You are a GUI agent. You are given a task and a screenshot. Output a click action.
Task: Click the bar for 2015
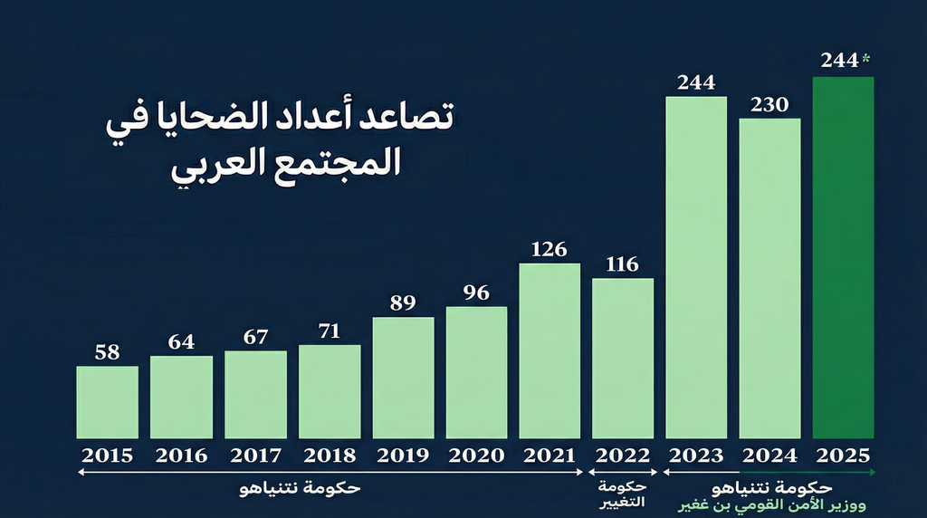(107, 402)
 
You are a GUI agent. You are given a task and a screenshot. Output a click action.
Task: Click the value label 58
(107, 352)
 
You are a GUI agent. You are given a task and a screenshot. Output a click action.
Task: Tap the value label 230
(769, 104)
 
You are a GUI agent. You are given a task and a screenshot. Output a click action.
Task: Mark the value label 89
(403, 303)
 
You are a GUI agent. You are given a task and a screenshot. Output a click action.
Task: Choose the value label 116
(623, 264)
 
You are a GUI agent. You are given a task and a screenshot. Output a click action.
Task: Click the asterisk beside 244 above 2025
(866, 59)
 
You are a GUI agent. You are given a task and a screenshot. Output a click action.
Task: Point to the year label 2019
(403, 455)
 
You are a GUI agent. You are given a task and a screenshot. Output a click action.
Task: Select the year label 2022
(623, 455)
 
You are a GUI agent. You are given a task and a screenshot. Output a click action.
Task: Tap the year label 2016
(181, 455)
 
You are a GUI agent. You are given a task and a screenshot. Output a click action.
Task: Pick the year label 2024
(769, 455)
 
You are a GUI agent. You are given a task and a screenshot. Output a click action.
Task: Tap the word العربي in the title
(213, 167)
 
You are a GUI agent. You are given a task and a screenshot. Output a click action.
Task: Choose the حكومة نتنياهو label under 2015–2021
(300, 489)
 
